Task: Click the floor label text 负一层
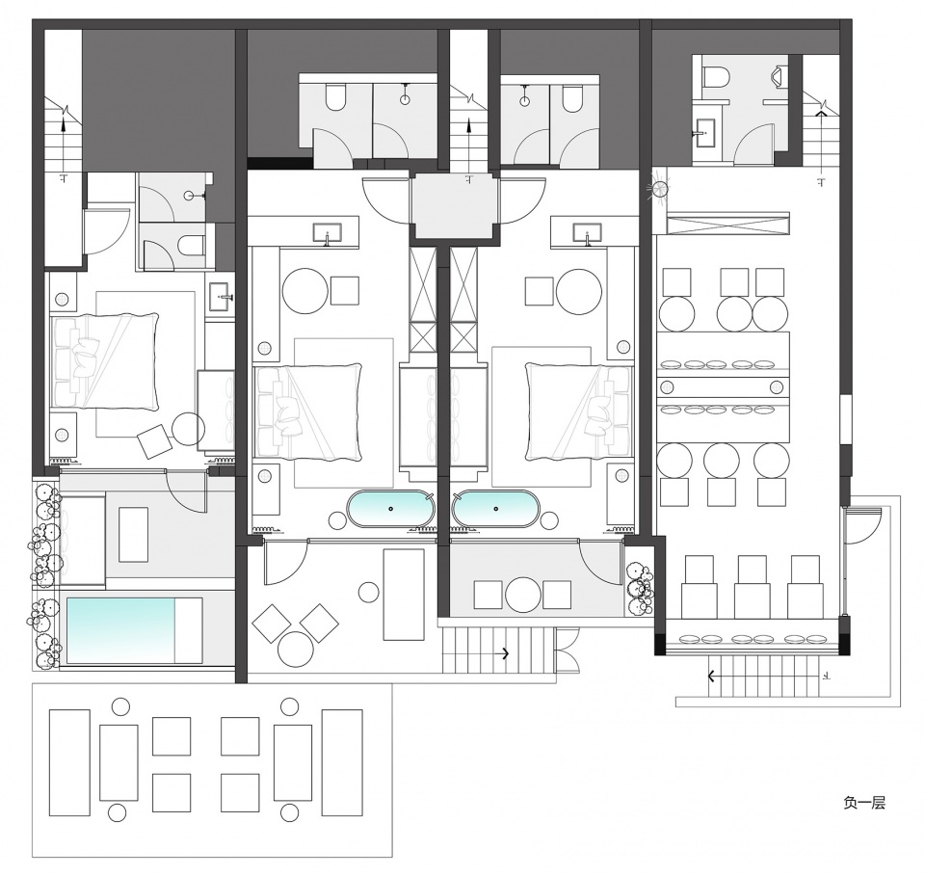864,803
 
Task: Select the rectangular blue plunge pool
121,630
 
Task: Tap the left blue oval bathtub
390,508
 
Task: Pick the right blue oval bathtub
495,508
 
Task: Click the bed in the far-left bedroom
105,361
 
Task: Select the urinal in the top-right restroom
780,75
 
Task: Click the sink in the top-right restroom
705,132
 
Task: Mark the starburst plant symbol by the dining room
659,189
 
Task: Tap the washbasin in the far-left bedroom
221,294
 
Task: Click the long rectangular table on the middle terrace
404,595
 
